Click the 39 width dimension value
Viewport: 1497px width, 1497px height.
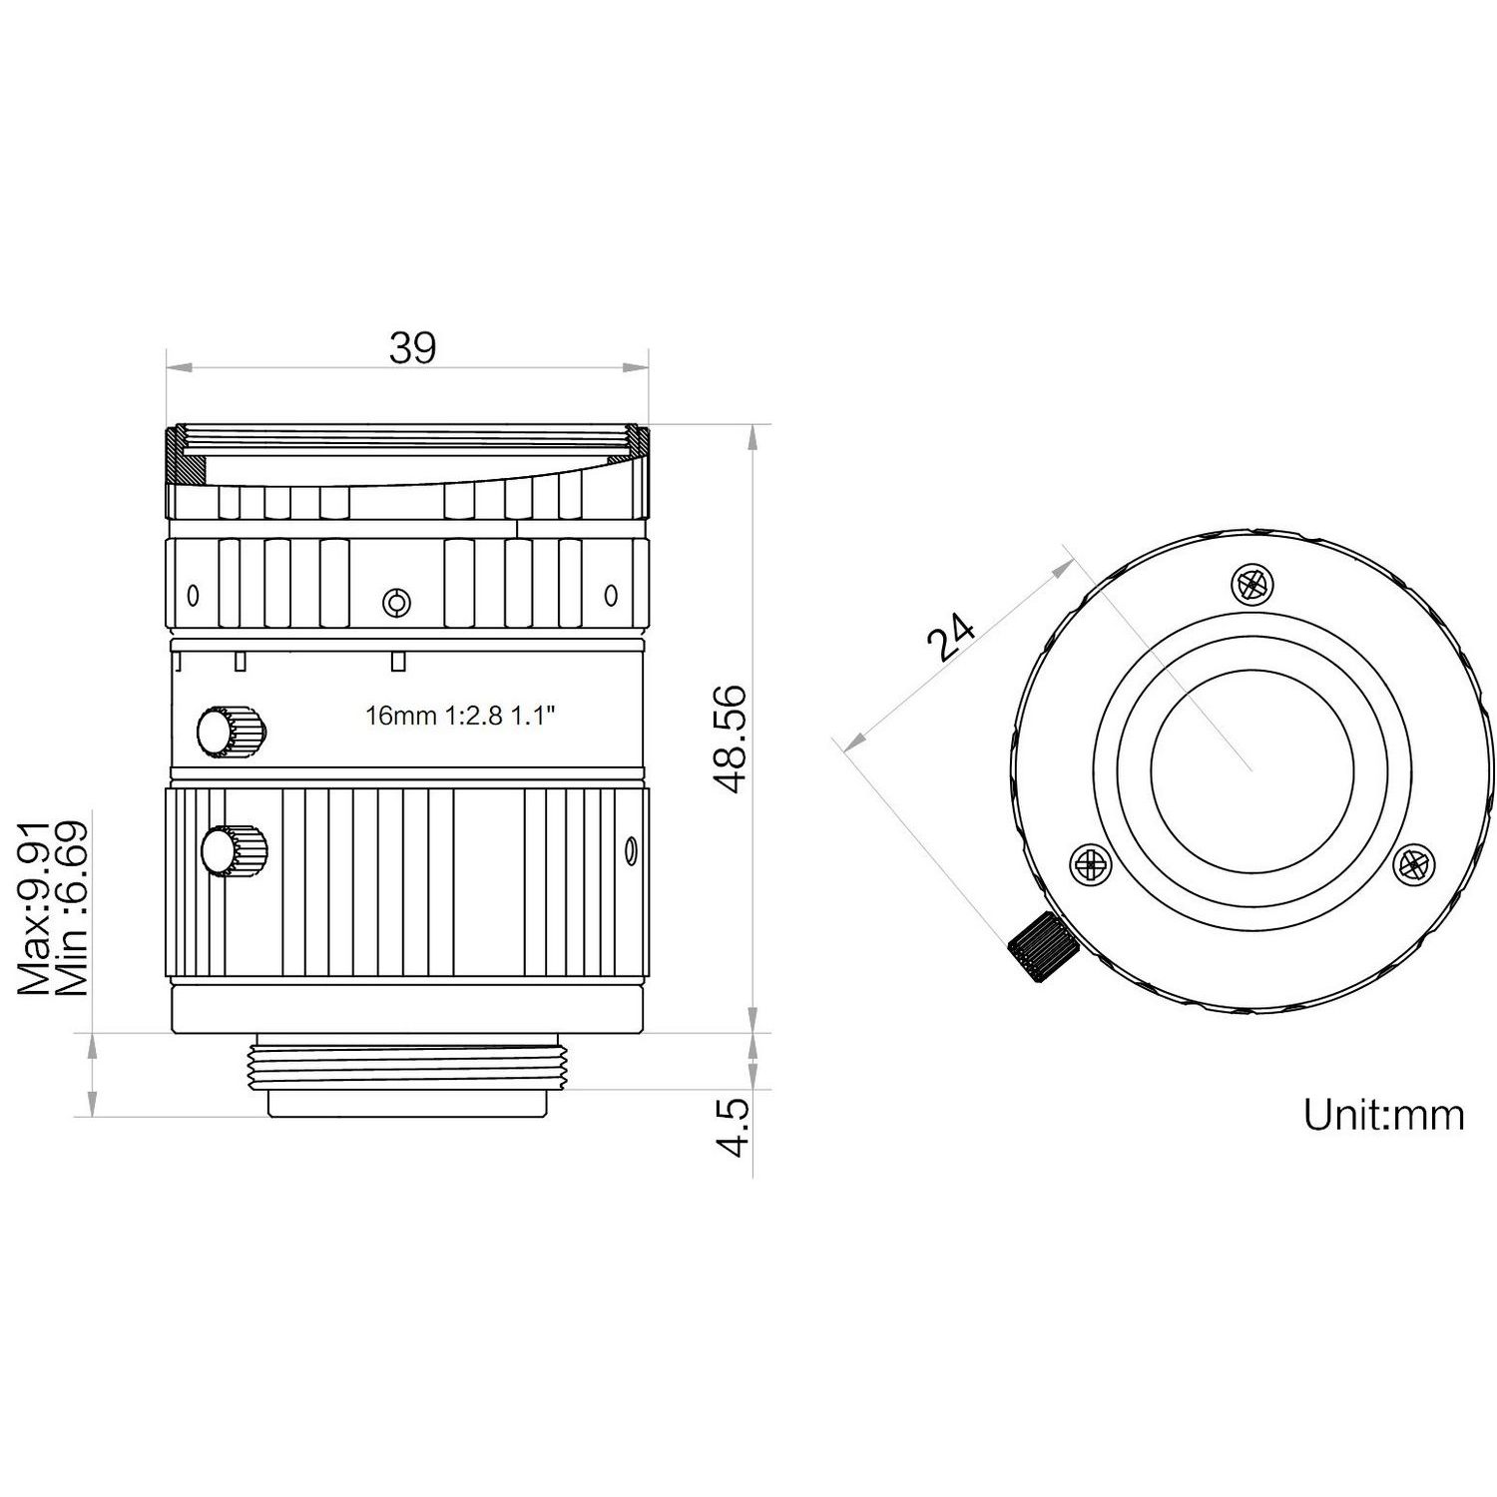412,348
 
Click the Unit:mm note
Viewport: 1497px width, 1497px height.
1383,1114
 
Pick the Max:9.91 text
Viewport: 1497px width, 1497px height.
35,907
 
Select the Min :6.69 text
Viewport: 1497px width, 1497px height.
73,907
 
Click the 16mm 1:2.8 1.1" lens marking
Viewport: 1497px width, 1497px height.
460,716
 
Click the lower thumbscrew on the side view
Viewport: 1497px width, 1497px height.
234,851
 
